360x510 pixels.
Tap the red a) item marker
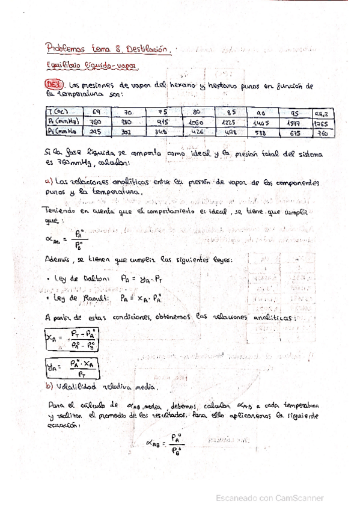[49, 181]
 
